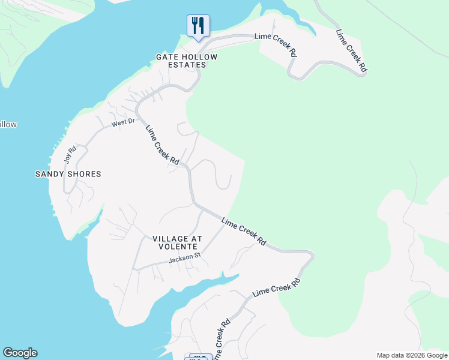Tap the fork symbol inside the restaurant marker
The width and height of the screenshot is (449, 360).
[x=195, y=25]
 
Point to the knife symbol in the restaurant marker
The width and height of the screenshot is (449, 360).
[x=202, y=25]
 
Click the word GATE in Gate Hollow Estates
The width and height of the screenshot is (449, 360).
[x=166, y=57]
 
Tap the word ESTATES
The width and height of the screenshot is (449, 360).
[x=184, y=65]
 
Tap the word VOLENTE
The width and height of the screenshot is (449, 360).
[x=177, y=247]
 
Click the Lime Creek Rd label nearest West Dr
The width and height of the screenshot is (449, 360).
[x=163, y=145]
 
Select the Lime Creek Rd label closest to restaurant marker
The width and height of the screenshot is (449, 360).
[x=276, y=44]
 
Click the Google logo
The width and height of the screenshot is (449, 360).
[x=20, y=353]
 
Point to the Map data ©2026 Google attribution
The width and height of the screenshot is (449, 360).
[x=412, y=355]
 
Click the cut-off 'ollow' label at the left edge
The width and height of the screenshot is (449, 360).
[x=8, y=125]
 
